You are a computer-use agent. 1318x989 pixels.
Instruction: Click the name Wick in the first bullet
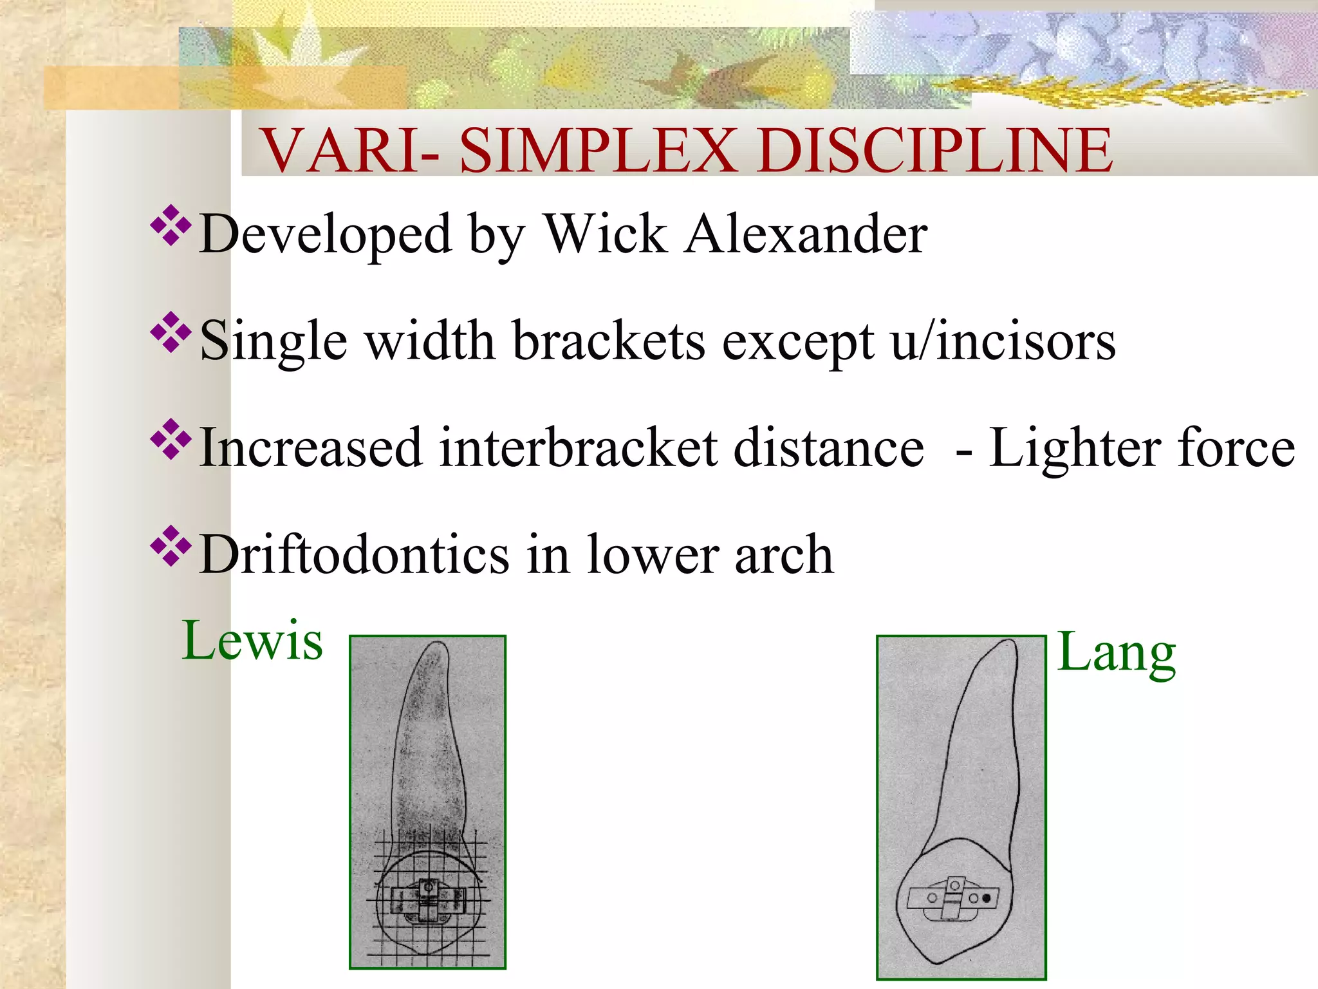pyautogui.click(x=606, y=234)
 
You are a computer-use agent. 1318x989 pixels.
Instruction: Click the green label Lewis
pyautogui.click(x=252, y=641)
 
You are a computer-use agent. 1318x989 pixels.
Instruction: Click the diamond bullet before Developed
pyautogui.click(x=171, y=225)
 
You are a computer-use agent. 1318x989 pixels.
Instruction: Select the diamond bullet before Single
pyautogui.click(x=171, y=332)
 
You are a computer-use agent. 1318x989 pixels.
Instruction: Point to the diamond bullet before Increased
pyautogui.click(x=171, y=439)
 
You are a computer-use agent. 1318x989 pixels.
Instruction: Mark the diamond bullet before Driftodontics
pyautogui.click(x=171, y=546)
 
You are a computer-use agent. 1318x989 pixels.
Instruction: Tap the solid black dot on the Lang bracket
pyautogui.click(x=987, y=898)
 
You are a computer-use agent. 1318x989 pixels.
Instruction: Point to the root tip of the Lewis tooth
pyautogui.click(x=438, y=646)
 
